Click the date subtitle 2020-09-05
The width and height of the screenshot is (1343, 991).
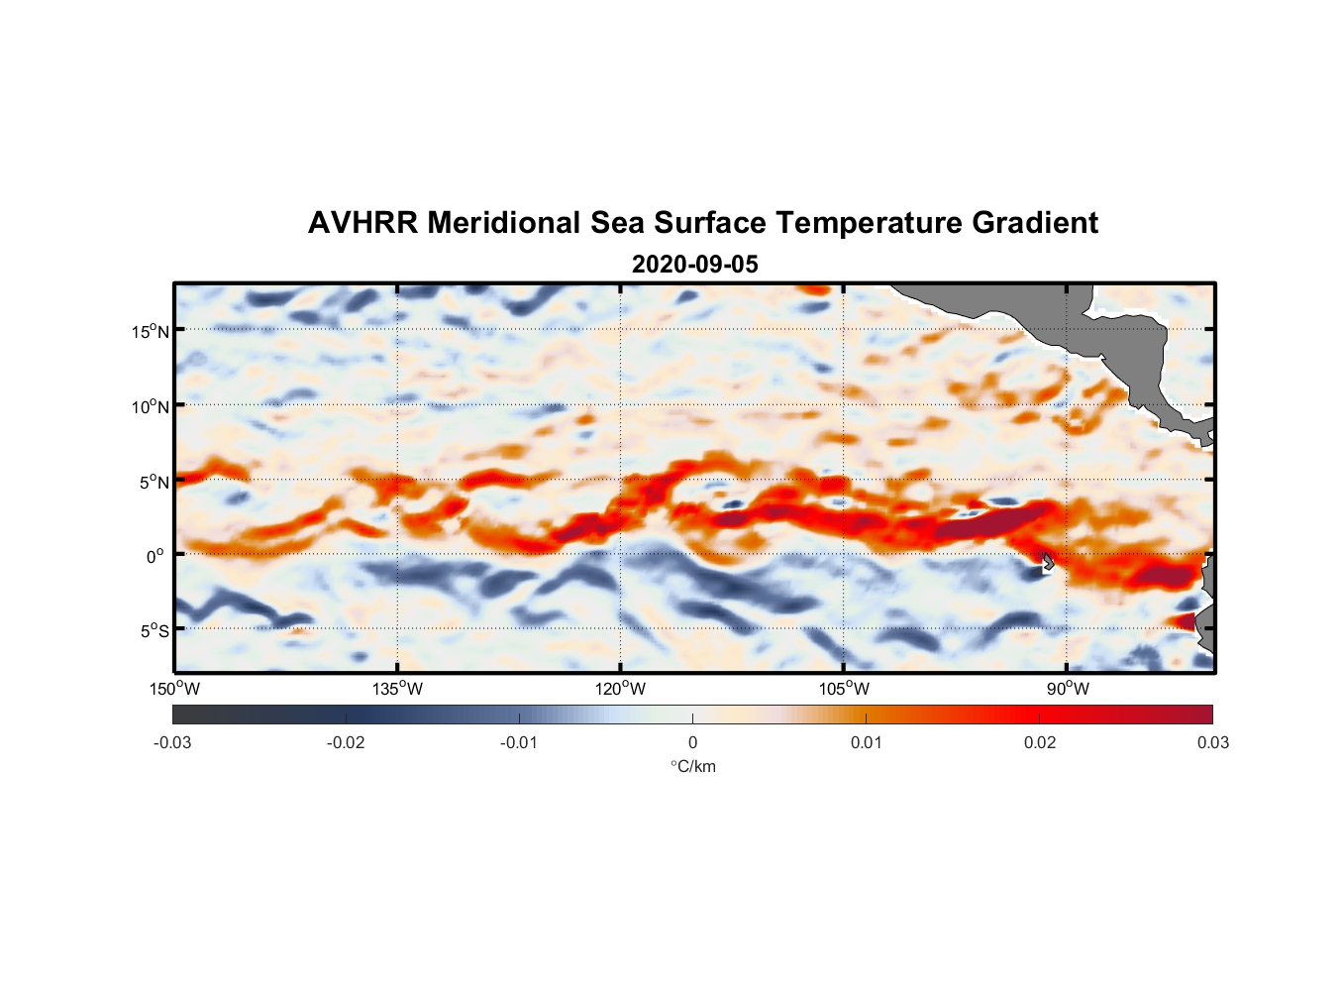point(694,265)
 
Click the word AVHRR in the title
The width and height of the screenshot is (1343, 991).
point(362,223)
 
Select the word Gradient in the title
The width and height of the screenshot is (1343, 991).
point(1035,223)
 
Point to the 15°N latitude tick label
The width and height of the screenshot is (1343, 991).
point(151,331)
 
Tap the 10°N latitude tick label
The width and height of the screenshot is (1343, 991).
point(151,406)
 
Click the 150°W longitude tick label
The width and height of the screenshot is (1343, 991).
point(174,689)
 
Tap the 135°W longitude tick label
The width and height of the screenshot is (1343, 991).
point(397,689)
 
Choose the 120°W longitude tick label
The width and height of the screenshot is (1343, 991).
point(620,689)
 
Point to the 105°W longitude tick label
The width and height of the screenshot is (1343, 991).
point(844,689)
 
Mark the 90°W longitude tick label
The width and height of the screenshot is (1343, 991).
point(1068,689)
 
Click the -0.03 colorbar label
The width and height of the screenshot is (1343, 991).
point(172,743)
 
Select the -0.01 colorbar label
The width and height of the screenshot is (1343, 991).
point(519,743)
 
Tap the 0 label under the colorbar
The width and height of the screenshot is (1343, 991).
point(692,743)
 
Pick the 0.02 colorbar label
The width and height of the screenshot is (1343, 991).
point(1040,743)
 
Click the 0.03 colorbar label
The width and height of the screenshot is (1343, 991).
point(1212,743)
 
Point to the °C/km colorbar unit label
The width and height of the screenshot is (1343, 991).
point(692,766)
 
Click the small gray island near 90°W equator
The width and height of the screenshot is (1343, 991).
point(1048,561)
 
